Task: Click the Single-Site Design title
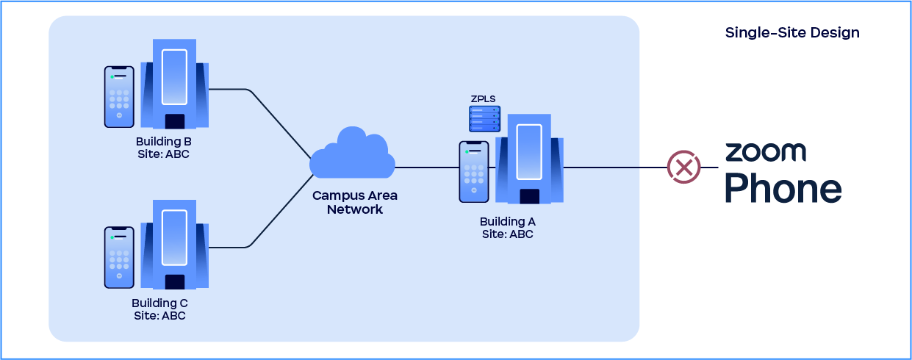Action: [x=792, y=33]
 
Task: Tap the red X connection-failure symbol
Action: [x=683, y=167]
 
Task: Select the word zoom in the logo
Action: [x=765, y=152]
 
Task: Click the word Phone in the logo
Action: [x=783, y=188]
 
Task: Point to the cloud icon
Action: [x=352, y=154]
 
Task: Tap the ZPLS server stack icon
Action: [x=484, y=119]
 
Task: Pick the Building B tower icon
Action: [x=174, y=83]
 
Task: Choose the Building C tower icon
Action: [x=174, y=244]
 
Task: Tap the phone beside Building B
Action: [x=119, y=96]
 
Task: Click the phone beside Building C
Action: [x=119, y=257]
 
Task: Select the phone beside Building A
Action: [x=474, y=172]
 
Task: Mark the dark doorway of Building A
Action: [x=529, y=196]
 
